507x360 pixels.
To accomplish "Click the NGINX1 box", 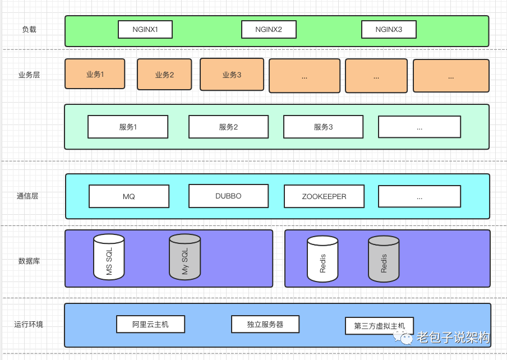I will point(145,29).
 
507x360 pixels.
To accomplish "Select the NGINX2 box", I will point(269,29).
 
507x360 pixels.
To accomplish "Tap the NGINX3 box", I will point(389,29).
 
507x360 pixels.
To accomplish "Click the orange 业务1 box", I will point(95,74).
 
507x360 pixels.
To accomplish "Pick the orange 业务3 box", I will point(232,74).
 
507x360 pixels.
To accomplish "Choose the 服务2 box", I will point(228,127).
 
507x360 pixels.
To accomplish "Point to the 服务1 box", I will point(128,127).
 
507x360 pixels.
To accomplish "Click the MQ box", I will point(129,196).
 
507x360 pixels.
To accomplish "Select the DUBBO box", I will point(228,196).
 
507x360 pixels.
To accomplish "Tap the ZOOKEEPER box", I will point(324,196).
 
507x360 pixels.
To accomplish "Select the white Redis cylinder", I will point(322,259).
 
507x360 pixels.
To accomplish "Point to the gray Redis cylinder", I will point(384,259).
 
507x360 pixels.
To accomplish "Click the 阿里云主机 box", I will point(150,324).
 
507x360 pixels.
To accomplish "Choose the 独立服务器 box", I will point(265,324).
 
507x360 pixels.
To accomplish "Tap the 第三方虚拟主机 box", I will point(379,326).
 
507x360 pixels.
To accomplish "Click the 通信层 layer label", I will point(27,196).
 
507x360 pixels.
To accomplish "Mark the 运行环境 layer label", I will point(29,324).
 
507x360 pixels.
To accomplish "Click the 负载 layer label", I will point(29,29).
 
